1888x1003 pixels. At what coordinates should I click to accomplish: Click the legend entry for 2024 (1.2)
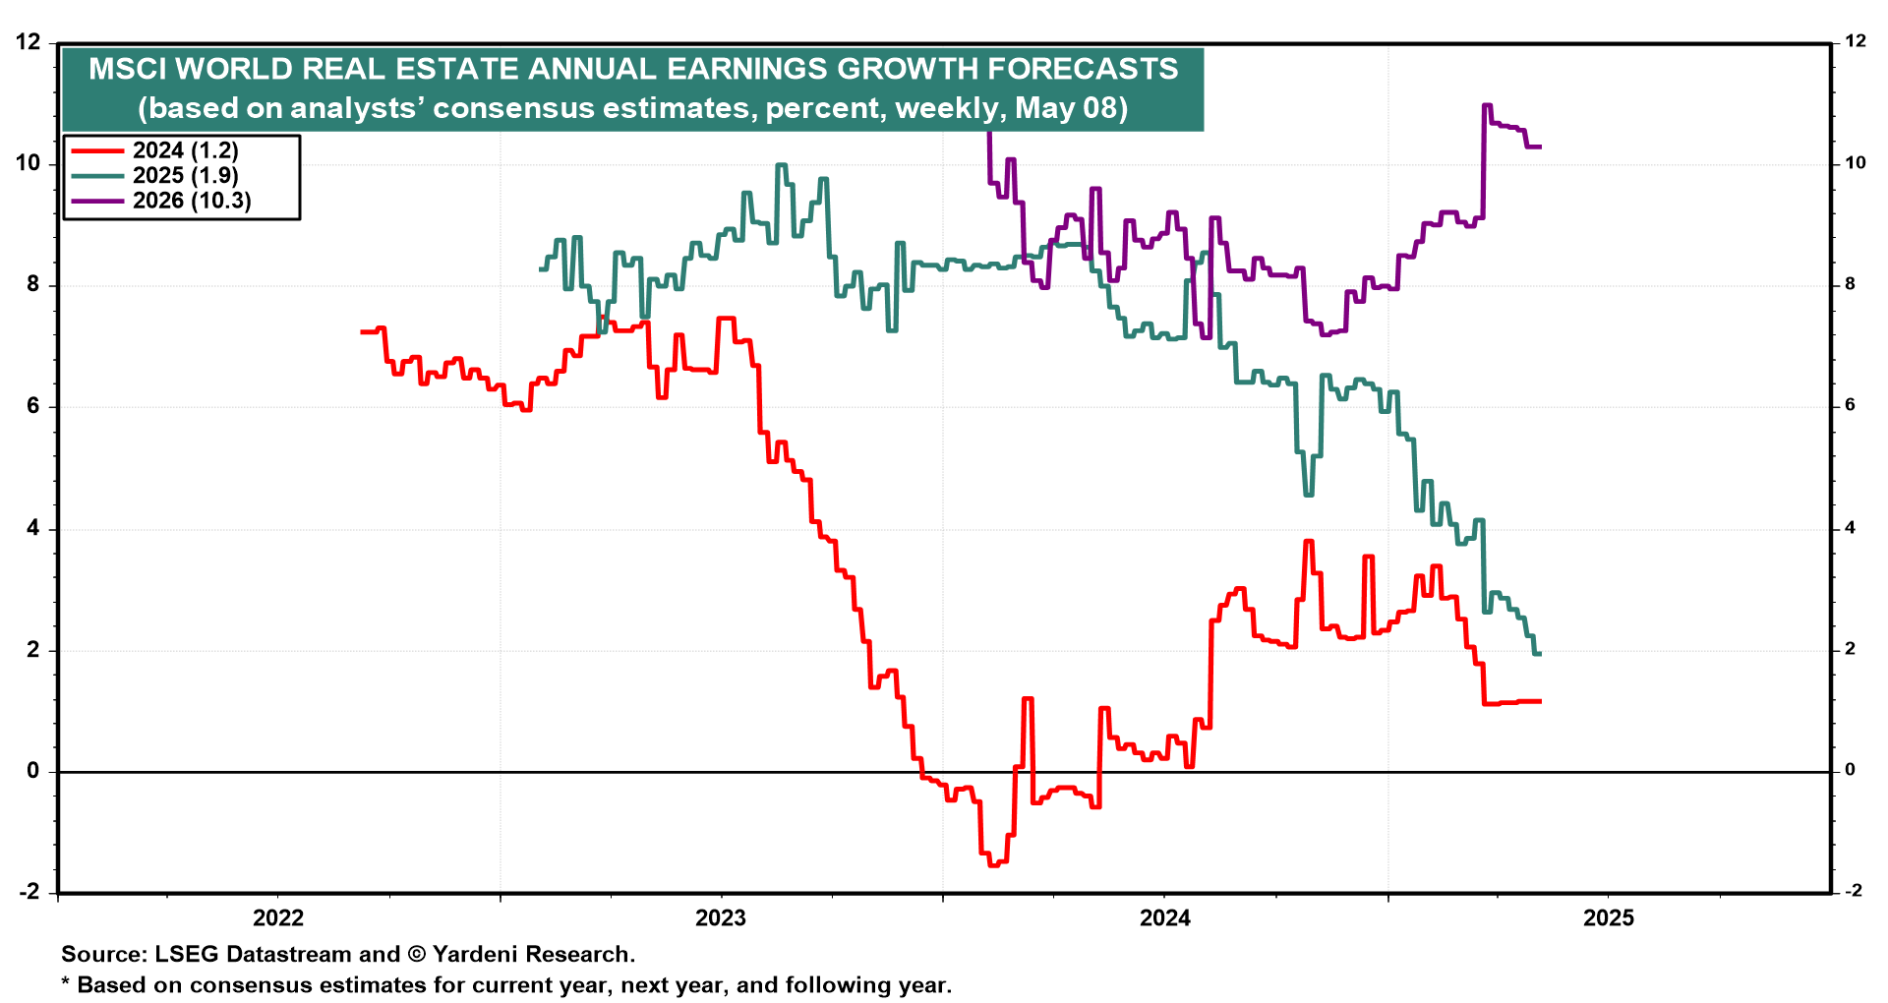[185, 150]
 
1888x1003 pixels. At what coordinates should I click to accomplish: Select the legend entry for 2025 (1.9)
[185, 175]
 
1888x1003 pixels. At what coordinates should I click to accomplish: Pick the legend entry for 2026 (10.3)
[192, 201]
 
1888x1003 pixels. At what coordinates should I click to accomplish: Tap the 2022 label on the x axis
[278, 918]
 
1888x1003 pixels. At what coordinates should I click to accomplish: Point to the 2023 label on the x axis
[721, 918]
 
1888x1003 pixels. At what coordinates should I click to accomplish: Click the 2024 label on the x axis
[1164, 918]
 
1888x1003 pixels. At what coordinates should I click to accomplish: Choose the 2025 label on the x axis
[1609, 918]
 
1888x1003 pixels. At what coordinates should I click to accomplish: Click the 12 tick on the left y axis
[29, 42]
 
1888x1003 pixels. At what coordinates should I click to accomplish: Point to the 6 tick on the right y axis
[1850, 405]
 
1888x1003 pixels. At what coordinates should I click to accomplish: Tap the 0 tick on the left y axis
[33, 771]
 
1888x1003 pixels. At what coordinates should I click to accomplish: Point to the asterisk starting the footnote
[66, 984]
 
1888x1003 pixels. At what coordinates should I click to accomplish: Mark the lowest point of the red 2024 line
[993, 864]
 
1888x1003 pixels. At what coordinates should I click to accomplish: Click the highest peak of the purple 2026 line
[1487, 105]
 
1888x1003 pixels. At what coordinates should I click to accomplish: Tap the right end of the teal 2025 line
[1539, 654]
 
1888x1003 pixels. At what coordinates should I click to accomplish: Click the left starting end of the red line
[362, 332]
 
